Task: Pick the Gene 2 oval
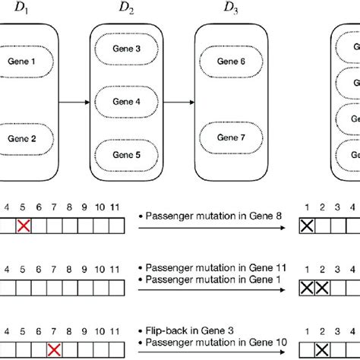click(x=22, y=138)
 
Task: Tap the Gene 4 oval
click(x=126, y=101)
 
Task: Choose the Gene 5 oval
click(x=126, y=154)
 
